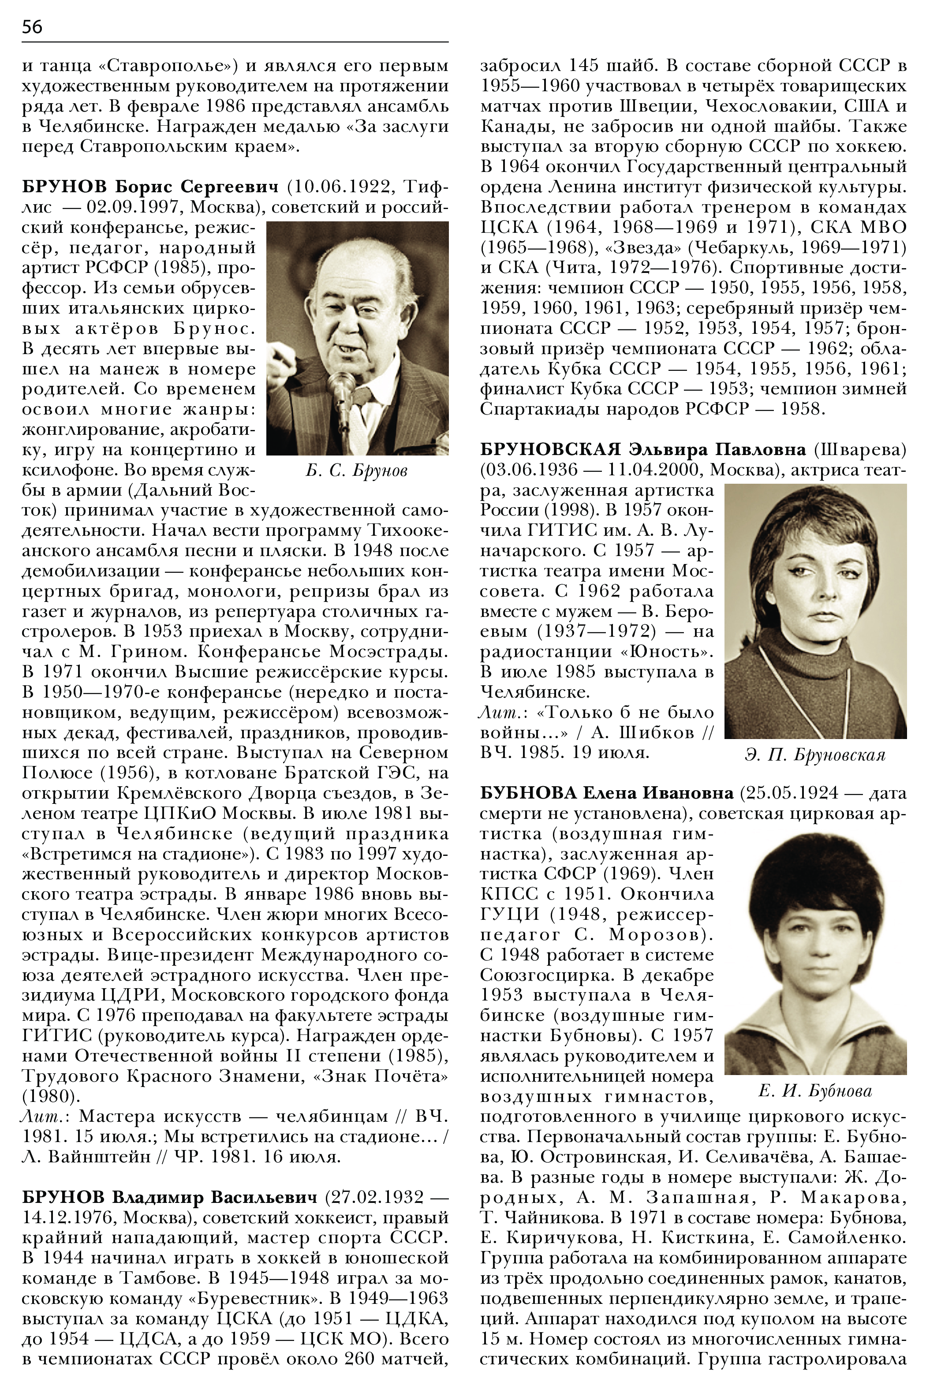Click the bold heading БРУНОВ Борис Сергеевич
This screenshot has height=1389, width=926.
tap(150, 187)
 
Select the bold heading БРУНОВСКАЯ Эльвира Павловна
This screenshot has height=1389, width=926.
tap(642, 450)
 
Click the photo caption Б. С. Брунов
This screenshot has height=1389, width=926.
tap(357, 470)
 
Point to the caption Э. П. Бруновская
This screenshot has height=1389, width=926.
tap(815, 755)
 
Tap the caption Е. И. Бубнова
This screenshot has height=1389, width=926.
tap(815, 1091)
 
